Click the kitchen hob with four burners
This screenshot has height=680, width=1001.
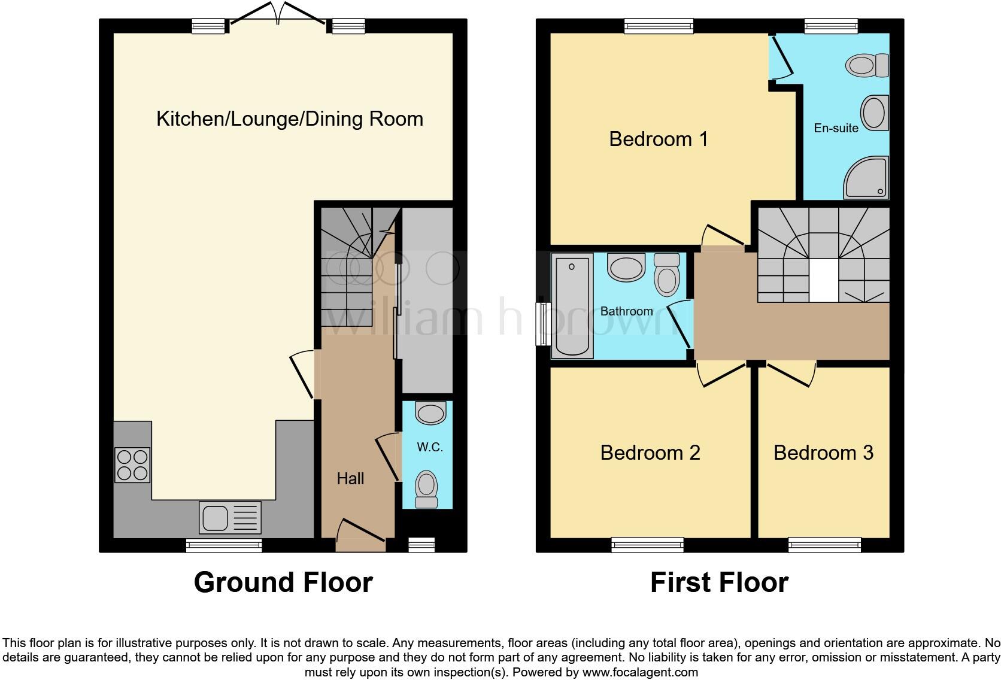click(x=132, y=465)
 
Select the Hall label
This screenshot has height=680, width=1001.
click(x=350, y=479)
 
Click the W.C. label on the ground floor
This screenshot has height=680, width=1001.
click(x=430, y=447)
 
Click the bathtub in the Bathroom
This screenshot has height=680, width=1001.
click(x=572, y=305)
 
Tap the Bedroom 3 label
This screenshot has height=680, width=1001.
click(x=823, y=453)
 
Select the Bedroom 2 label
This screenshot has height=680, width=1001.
click(x=650, y=453)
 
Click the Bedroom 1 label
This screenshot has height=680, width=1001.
click(x=659, y=139)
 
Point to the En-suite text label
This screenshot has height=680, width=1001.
click(x=836, y=128)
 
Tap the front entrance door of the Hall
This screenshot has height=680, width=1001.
click(x=361, y=535)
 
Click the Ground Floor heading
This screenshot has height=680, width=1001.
click(x=283, y=582)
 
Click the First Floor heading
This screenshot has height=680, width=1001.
click(x=719, y=582)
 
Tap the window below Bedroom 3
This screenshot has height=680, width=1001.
click(x=824, y=545)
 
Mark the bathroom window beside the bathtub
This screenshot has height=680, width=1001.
click(x=544, y=324)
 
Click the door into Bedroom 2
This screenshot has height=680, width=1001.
click(x=723, y=373)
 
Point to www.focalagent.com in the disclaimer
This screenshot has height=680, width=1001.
click(x=640, y=672)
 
